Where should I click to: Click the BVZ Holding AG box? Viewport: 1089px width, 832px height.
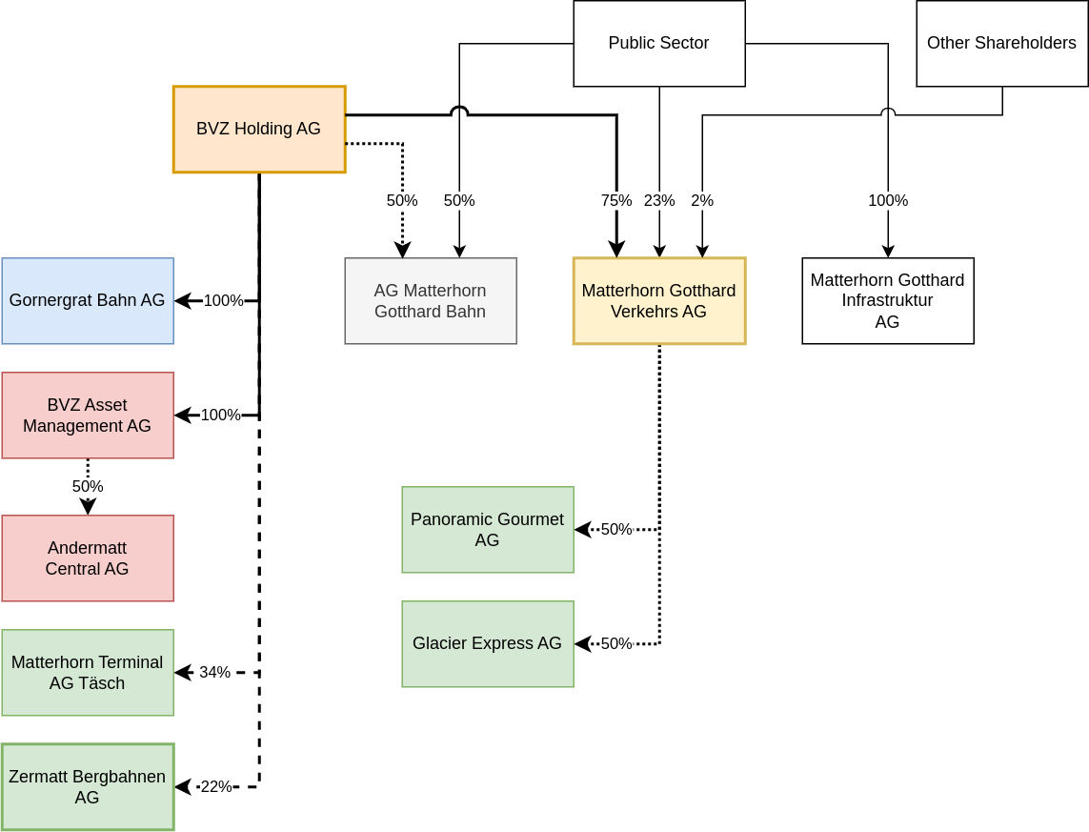point(258,130)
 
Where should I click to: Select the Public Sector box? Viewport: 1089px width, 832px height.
point(658,44)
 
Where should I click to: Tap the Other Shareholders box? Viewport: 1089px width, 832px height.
point(1001,44)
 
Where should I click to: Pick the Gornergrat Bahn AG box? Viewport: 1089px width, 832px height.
point(88,301)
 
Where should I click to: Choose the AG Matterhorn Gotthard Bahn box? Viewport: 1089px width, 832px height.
point(430,301)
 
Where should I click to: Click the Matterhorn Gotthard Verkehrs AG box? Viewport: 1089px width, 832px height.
point(658,301)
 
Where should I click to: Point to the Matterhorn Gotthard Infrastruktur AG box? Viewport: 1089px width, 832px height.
point(887,301)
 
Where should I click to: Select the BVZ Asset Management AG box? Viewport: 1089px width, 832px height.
point(88,416)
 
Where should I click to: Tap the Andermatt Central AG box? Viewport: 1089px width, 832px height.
point(88,558)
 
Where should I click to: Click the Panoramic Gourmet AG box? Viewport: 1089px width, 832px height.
point(487,530)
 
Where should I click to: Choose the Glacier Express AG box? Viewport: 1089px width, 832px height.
point(487,644)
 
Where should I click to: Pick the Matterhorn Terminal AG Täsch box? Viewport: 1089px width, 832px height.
point(88,673)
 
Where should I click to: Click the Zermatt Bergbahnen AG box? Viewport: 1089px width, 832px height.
point(88,787)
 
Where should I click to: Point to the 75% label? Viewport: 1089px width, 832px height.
point(615,201)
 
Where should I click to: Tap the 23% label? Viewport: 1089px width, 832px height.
point(658,201)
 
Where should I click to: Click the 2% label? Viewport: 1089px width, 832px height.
point(702,201)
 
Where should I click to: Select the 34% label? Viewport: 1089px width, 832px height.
point(214,673)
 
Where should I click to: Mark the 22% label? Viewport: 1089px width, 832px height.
point(216,787)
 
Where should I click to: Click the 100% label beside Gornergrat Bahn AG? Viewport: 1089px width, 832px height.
point(224,301)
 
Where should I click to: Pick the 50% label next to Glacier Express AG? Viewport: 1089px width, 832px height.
point(616,644)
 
